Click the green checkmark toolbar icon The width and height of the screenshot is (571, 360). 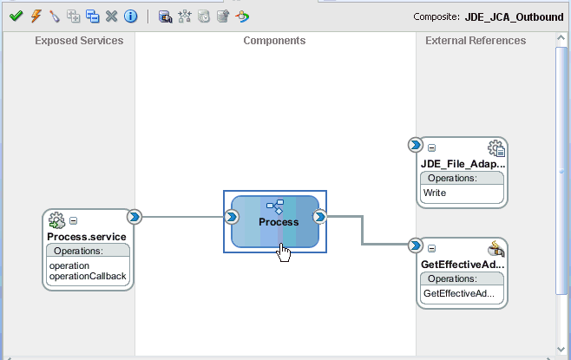(15, 16)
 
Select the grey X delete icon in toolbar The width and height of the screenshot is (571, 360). (111, 16)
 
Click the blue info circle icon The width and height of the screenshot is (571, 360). (130, 16)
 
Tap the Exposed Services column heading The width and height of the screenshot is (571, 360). (79, 41)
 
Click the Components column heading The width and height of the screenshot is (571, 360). (274, 41)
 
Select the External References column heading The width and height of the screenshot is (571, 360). (476, 41)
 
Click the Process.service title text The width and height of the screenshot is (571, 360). (87, 237)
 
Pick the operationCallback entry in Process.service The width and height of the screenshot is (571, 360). (88, 277)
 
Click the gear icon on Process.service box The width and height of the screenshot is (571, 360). (57, 220)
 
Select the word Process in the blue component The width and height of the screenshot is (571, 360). (279, 222)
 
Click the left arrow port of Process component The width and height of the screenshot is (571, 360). (233, 217)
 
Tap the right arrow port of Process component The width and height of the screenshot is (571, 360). (319, 217)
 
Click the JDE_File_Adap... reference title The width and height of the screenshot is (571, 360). (462, 163)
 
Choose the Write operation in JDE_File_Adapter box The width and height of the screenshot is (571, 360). (435, 193)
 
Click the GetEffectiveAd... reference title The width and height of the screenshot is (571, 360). (462, 264)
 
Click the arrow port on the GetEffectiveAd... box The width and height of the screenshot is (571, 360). (416, 245)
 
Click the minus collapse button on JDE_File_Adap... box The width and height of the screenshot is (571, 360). (432, 148)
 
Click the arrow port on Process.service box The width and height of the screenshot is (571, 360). (135, 217)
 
